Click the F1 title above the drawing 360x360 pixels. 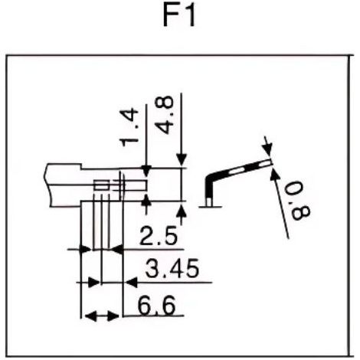(x=179, y=17)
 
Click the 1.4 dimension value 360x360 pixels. (x=129, y=127)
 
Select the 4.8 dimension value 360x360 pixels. (x=164, y=116)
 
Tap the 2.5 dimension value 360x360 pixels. (x=159, y=237)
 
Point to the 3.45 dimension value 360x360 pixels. (x=172, y=269)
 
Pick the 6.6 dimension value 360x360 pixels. (x=157, y=306)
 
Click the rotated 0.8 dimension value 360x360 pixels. (x=298, y=201)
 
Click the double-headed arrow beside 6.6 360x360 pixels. (x=102, y=316)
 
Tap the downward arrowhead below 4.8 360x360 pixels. (x=182, y=160)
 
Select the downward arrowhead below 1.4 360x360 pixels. (x=146, y=171)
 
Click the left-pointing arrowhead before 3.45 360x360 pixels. (x=132, y=283)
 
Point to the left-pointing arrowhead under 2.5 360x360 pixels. (x=117, y=249)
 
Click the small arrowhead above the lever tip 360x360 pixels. (x=268, y=149)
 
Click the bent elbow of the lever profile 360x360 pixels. (x=211, y=178)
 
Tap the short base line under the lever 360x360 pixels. (x=210, y=207)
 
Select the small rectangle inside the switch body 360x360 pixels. (x=102, y=185)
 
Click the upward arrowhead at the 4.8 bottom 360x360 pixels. (x=182, y=211)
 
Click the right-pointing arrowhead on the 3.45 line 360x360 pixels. (x=93, y=283)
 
